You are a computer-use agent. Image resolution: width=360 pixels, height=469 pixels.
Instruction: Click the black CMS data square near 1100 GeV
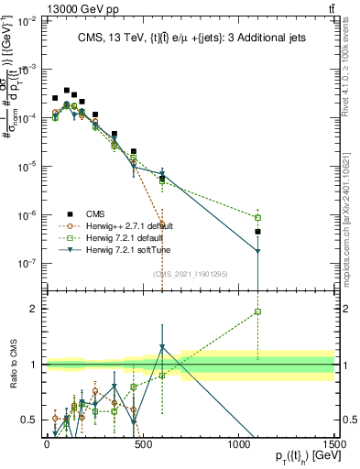258,232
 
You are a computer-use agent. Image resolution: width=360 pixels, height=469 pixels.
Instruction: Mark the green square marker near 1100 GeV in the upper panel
258,218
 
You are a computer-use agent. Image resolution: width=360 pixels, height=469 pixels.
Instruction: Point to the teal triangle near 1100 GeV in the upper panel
258,251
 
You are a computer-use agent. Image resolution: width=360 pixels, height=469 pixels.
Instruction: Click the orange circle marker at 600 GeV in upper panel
162,224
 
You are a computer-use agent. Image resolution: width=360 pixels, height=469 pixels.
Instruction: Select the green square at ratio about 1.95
258,311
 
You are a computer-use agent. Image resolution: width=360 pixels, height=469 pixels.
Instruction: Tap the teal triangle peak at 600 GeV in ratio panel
162,347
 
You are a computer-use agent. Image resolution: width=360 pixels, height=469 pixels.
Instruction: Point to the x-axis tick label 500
143,442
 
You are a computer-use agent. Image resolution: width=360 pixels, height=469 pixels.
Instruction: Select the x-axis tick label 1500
333,442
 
